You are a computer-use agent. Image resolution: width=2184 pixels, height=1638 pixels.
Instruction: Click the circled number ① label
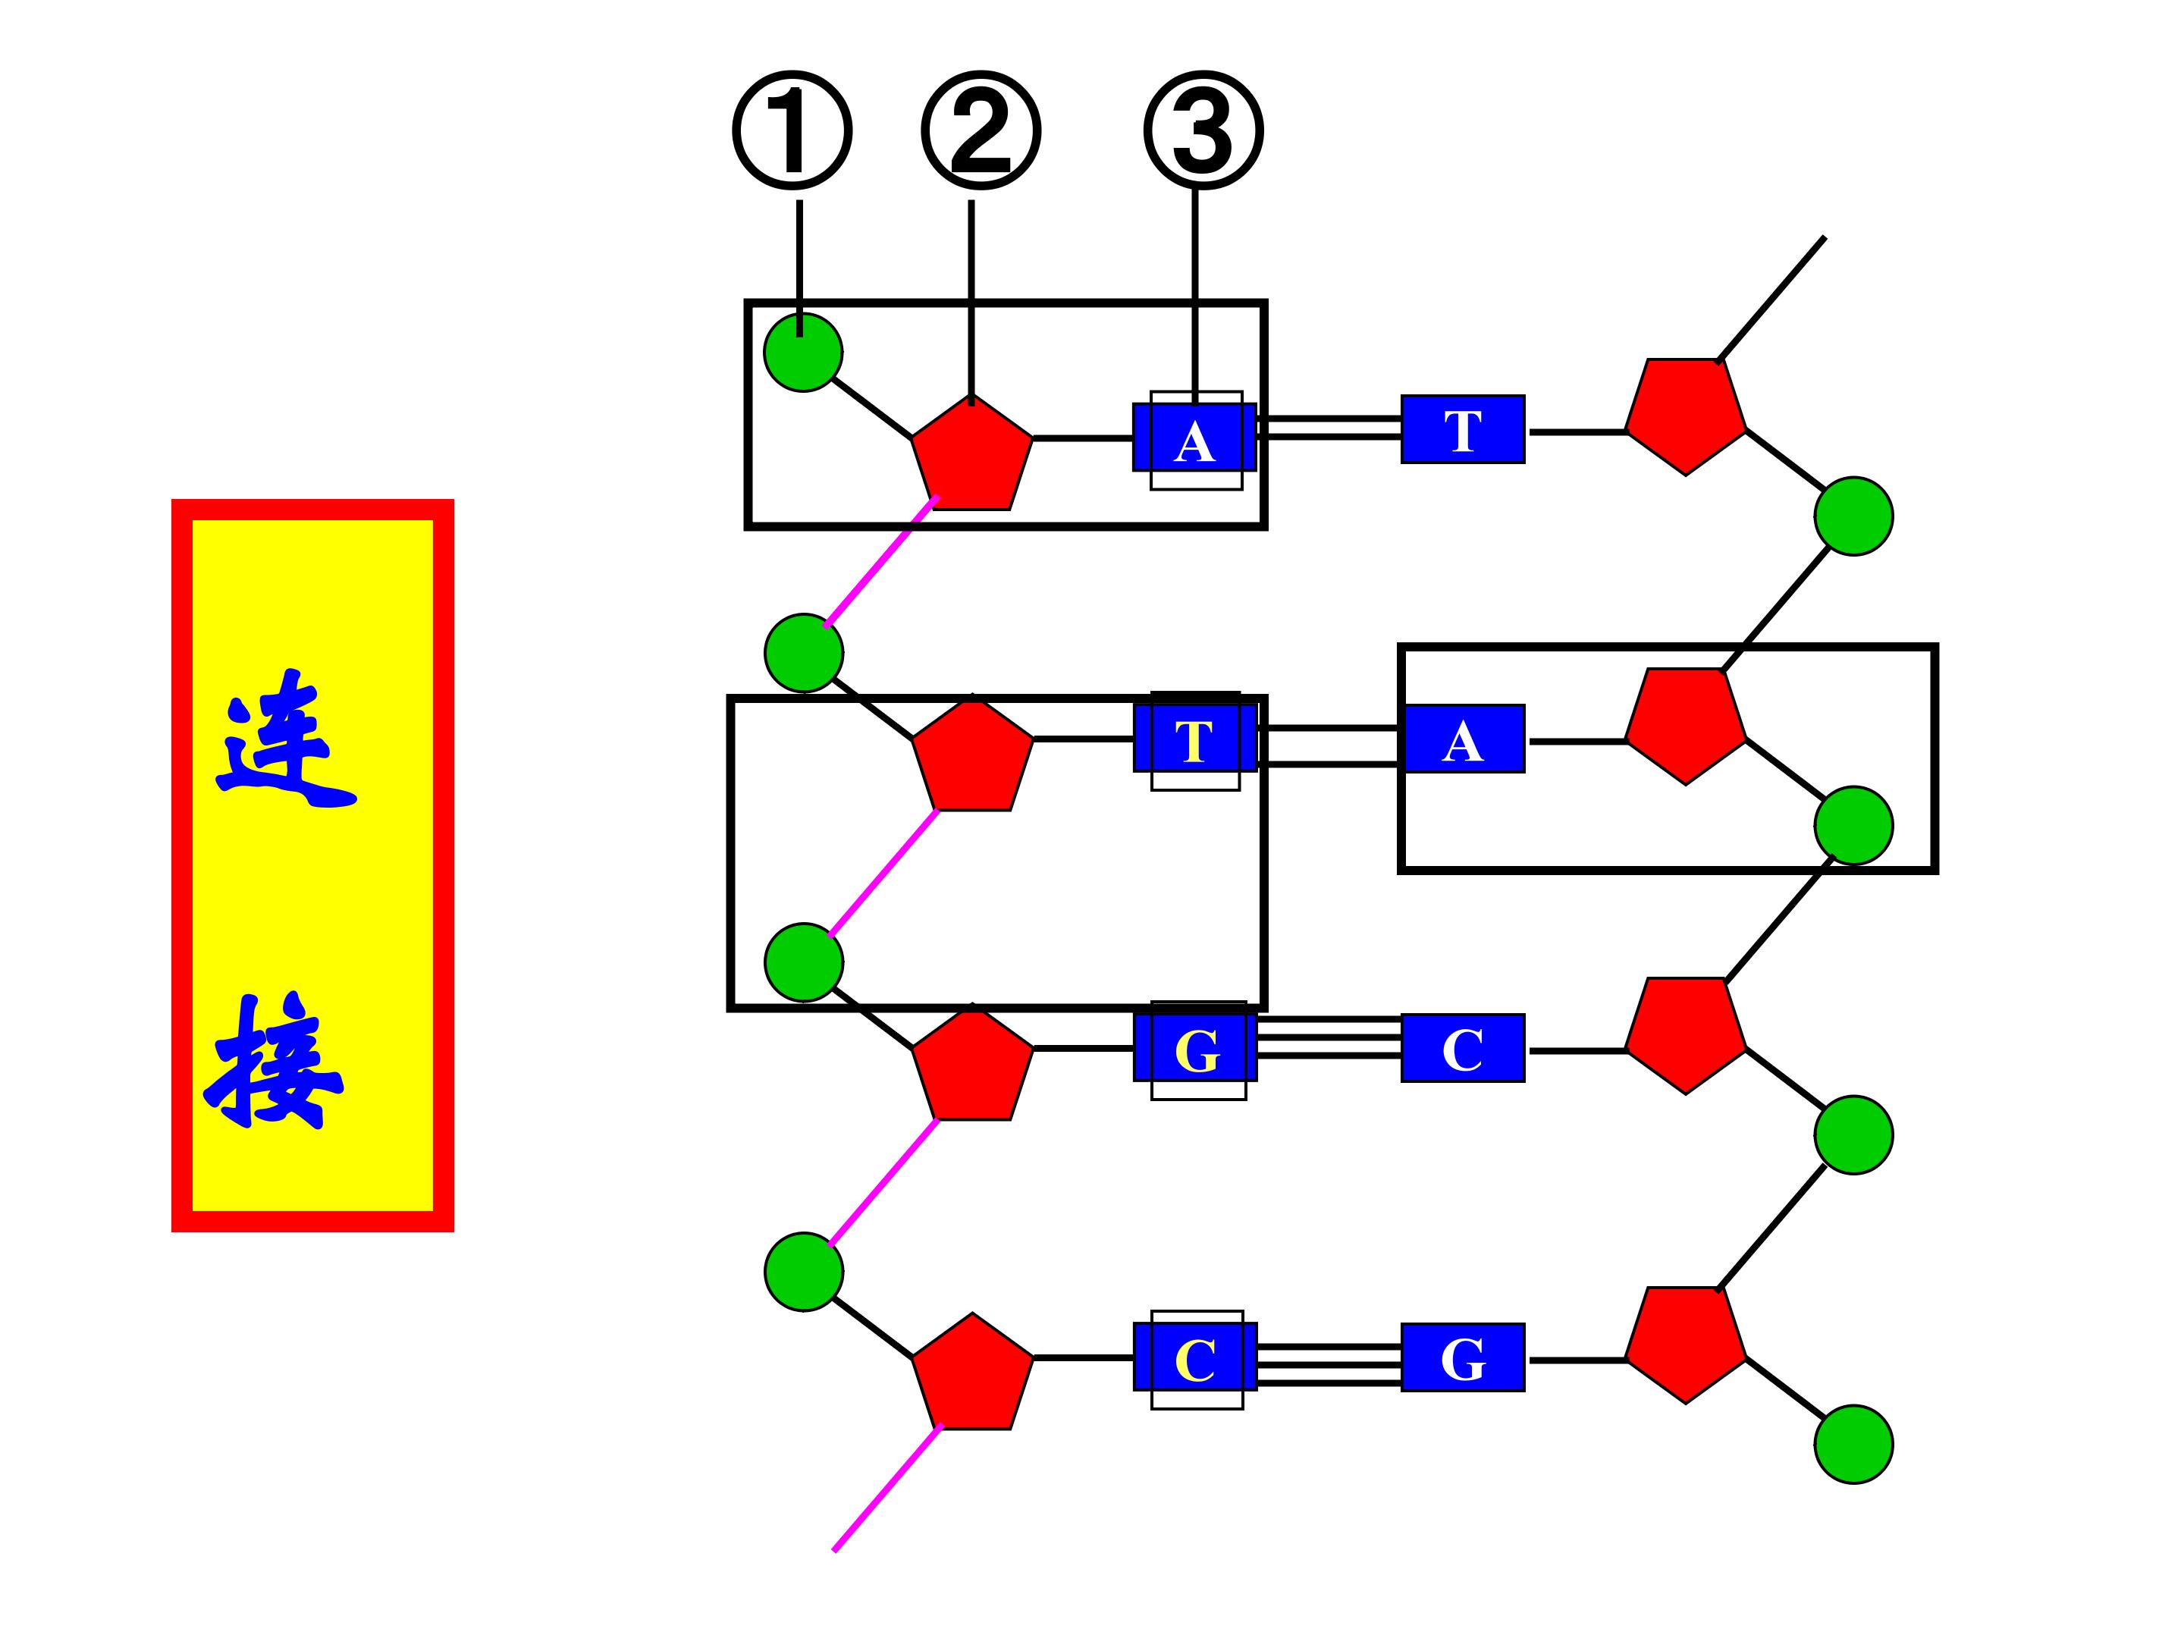(792, 130)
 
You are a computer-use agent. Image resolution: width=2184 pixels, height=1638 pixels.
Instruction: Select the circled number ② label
(981, 130)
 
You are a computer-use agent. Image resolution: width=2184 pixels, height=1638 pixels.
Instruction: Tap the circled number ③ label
(1203, 130)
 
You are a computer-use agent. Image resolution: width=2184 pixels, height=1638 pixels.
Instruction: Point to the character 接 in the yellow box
(274, 1062)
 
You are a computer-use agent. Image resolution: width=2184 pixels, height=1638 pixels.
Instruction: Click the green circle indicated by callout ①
(803, 352)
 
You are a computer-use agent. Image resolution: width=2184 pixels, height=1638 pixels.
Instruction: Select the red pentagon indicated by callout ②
(971, 454)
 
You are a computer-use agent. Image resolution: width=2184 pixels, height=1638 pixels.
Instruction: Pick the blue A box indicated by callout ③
(1194, 438)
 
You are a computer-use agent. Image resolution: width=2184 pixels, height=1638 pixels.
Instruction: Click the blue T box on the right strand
(1462, 428)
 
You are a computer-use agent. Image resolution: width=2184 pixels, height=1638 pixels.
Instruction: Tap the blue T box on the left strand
(1194, 738)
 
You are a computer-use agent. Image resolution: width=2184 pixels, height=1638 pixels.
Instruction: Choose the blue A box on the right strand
(1462, 739)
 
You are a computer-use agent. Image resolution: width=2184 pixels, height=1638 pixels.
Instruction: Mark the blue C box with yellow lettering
(1194, 1357)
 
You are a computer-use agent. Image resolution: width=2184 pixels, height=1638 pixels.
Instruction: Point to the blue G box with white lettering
(1462, 1357)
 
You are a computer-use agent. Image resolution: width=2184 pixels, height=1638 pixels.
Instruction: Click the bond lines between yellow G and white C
(1329, 1037)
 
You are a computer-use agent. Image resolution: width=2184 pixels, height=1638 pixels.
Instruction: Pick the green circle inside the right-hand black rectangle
(1853, 825)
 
